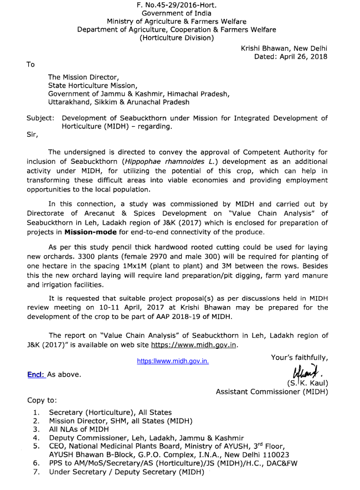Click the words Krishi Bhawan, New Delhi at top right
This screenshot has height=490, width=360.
coord(284,48)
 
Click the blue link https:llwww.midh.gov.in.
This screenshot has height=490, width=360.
coord(173,361)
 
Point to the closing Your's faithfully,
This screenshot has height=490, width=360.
coord(299,358)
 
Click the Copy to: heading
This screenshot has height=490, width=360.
coord(42,400)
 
